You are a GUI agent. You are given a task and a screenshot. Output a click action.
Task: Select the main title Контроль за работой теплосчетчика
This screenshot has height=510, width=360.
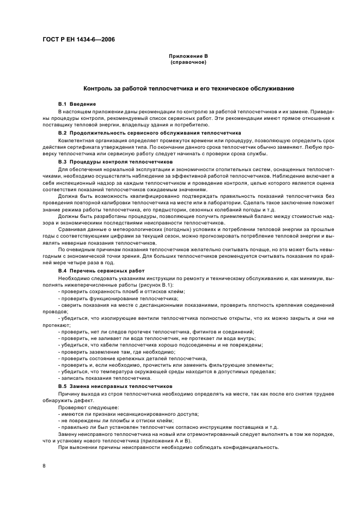[188, 88]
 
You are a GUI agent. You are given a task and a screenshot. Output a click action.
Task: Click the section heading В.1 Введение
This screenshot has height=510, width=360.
[77, 104]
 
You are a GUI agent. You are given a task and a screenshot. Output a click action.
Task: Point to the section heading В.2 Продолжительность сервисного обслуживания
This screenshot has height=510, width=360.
[147, 133]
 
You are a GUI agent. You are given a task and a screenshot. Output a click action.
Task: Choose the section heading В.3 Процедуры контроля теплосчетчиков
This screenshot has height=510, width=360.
[115, 162]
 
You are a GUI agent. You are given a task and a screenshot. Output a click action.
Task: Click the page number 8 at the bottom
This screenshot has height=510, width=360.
[45, 465]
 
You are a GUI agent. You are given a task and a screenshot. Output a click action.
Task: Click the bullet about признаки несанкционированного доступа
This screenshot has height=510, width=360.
[128, 414]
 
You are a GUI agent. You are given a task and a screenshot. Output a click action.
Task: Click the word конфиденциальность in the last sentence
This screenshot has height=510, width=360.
[251, 447]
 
